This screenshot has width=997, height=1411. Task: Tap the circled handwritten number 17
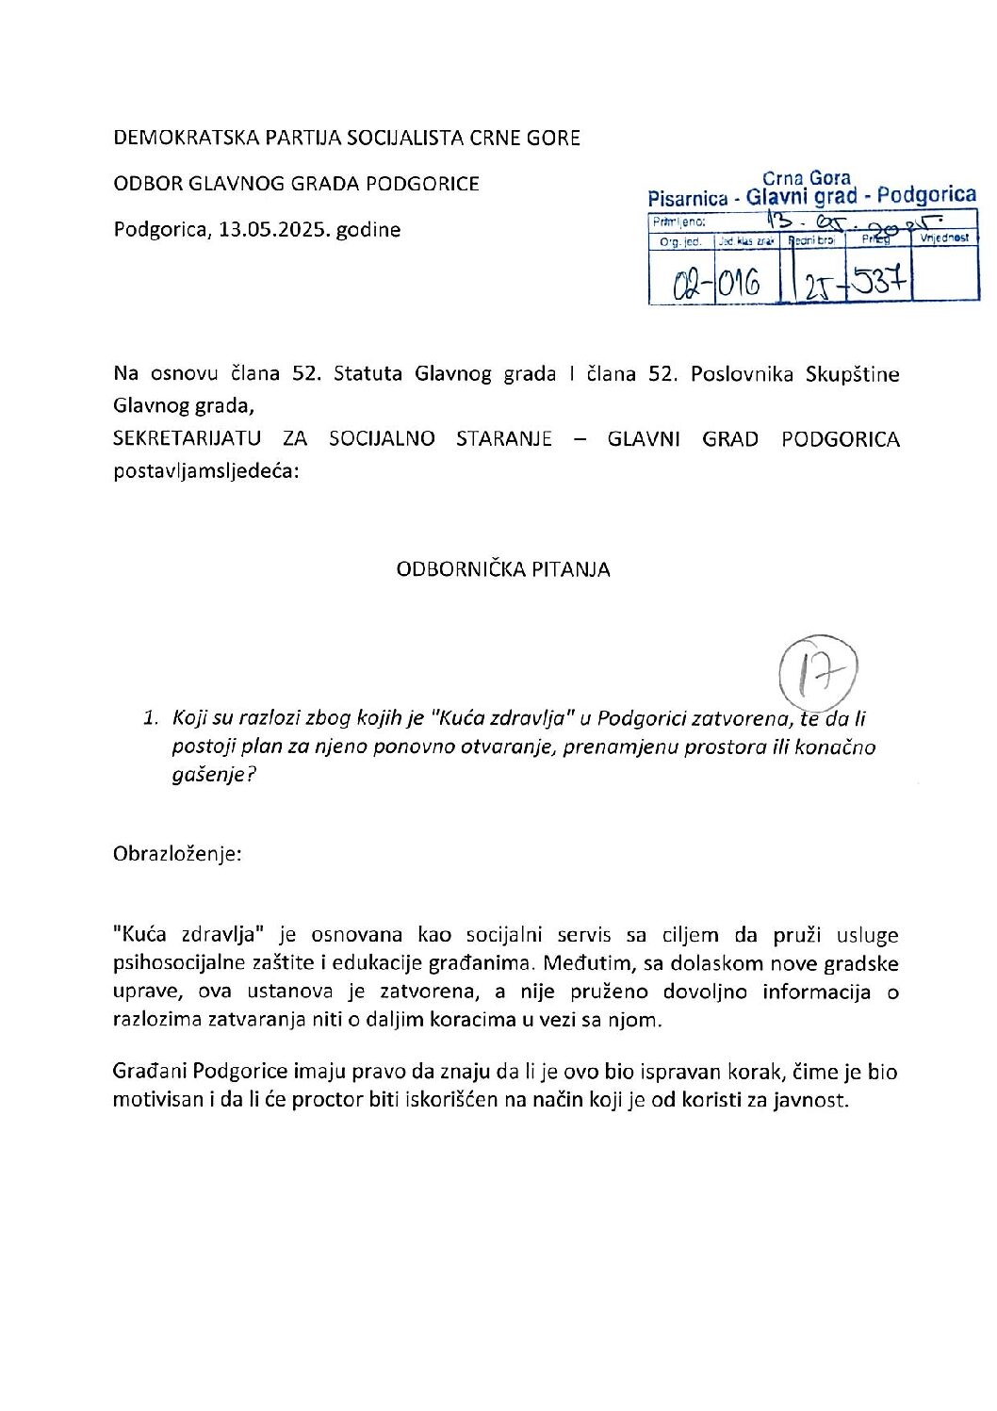(x=818, y=673)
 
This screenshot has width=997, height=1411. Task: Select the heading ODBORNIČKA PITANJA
(x=503, y=569)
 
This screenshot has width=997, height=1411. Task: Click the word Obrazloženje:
(x=177, y=854)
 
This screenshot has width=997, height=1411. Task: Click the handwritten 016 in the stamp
(x=740, y=282)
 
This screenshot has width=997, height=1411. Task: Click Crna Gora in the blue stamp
(x=806, y=177)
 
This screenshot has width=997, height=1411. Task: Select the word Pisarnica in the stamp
(x=688, y=198)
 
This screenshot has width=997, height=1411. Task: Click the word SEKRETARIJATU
(x=187, y=439)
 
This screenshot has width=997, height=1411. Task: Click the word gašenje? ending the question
(x=214, y=776)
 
